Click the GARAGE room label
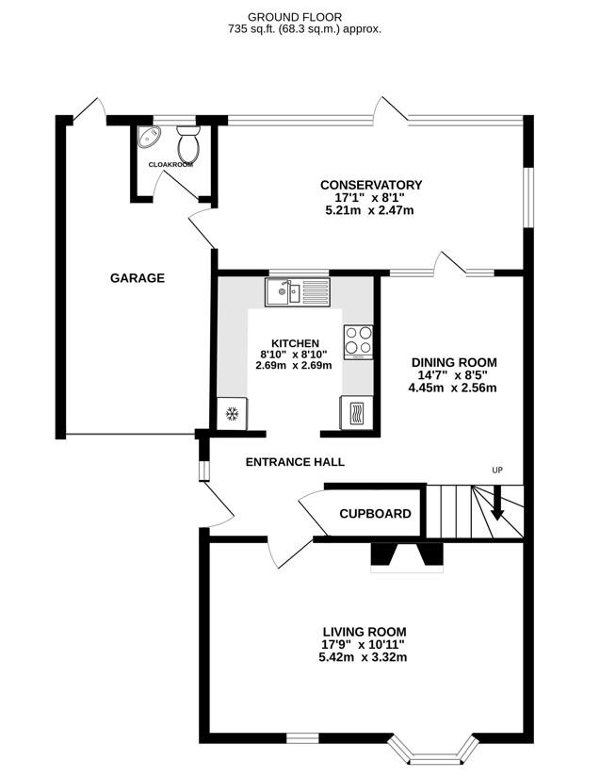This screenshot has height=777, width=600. pyautogui.click(x=138, y=278)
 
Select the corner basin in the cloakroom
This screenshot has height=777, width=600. pyautogui.click(x=149, y=140)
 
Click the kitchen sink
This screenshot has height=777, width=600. pyautogui.click(x=297, y=291)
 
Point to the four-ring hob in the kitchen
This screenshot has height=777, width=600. pyautogui.click(x=358, y=340)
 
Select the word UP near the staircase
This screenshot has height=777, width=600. pyautogui.click(x=497, y=470)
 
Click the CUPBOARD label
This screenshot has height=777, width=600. pyautogui.click(x=375, y=514)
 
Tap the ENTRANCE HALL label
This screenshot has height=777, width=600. pyautogui.click(x=295, y=462)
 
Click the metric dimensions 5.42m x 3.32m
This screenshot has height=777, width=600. pyautogui.click(x=364, y=657)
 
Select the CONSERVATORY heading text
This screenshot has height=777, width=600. pyautogui.click(x=370, y=185)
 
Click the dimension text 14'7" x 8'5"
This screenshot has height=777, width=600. pyautogui.click(x=452, y=374)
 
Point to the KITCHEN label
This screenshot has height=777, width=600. pyautogui.click(x=295, y=343)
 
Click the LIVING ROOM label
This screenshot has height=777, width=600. pyautogui.click(x=364, y=632)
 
